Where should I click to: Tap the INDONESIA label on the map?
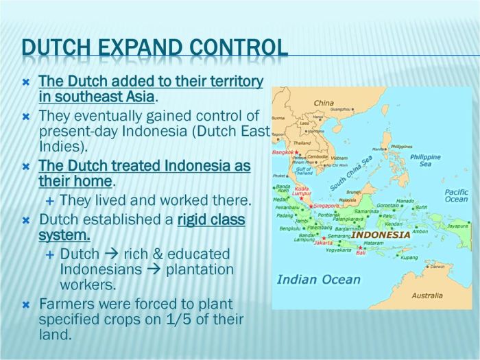click(380, 235)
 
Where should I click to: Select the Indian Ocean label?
click(318, 279)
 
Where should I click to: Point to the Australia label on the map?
click(426, 296)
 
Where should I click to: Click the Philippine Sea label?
click(425, 160)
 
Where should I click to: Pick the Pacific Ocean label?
click(456, 195)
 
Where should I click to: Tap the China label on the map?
click(324, 103)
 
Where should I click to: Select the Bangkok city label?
click(283, 152)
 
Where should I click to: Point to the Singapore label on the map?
click(326, 205)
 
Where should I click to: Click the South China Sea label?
click(350, 172)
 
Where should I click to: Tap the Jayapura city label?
click(457, 225)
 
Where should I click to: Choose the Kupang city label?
click(409, 257)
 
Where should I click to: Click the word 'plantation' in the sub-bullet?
click(201, 269)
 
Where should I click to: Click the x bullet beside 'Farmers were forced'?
click(26, 304)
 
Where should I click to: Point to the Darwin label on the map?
click(437, 266)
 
